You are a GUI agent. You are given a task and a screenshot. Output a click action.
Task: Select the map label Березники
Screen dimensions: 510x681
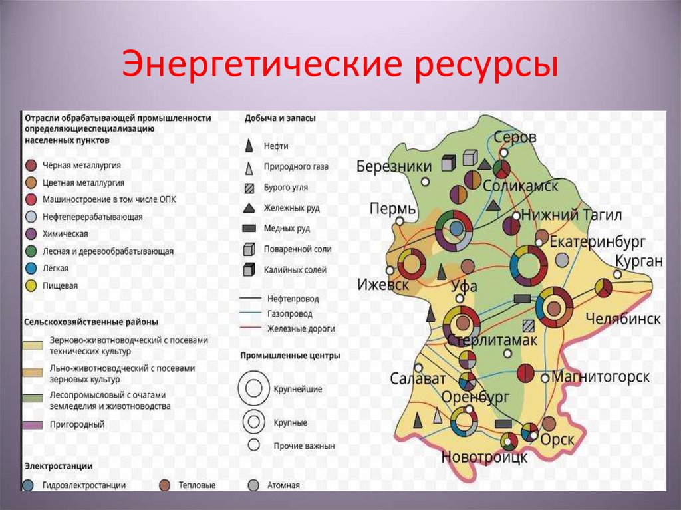click(x=394, y=166)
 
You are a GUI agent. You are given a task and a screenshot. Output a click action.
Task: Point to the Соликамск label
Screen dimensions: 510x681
click(x=520, y=186)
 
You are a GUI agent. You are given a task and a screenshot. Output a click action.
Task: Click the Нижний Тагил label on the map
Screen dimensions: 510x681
click(x=571, y=215)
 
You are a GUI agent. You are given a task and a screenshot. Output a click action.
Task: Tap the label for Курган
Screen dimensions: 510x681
click(x=639, y=261)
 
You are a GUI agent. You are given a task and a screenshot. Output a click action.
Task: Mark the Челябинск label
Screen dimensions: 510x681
click(x=623, y=319)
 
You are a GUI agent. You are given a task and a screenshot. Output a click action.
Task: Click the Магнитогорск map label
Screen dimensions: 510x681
click(x=601, y=377)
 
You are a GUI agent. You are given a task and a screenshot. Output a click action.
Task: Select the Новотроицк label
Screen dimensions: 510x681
click(x=484, y=457)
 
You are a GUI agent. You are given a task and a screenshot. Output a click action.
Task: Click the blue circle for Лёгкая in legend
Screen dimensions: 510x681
click(x=31, y=269)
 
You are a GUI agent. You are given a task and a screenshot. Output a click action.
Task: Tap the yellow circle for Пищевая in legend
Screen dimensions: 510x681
click(x=31, y=286)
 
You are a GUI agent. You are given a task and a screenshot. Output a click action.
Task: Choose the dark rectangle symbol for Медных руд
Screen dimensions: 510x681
click(x=249, y=229)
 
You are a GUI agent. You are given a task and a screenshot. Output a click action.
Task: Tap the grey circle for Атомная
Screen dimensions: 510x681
click(x=253, y=485)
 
